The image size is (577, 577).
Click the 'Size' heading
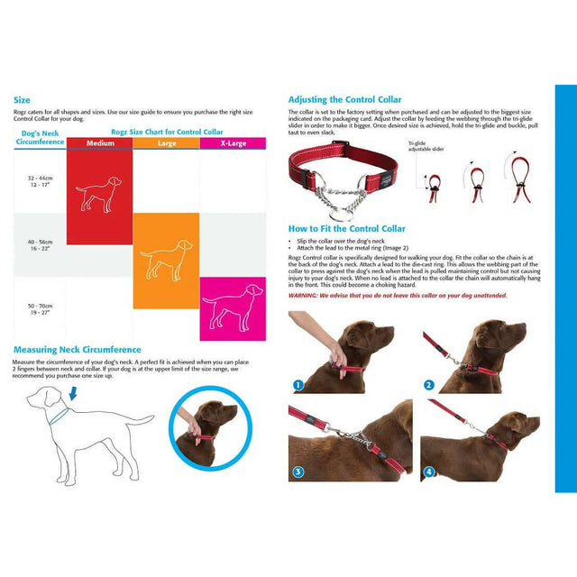[x=22, y=100]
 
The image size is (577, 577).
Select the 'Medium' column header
[x=99, y=143]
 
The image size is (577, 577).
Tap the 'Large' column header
[x=167, y=143]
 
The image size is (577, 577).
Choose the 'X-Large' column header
[x=233, y=143]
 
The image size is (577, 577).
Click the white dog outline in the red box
[x=99, y=192]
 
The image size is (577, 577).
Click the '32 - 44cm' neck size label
[x=40, y=179]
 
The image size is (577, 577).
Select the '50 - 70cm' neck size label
[x=40, y=308]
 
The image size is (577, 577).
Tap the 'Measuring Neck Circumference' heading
[x=77, y=350]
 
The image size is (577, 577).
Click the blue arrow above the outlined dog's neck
[x=73, y=394]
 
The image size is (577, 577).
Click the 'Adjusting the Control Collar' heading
[x=344, y=99]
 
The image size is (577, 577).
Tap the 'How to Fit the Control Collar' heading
[x=346, y=229]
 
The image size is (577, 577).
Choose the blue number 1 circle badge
[x=298, y=386]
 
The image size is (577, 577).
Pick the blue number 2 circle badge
[x=429, y=386]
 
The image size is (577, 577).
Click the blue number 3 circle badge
[x=298, y=472]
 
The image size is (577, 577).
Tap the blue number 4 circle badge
[x=429, y=472]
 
